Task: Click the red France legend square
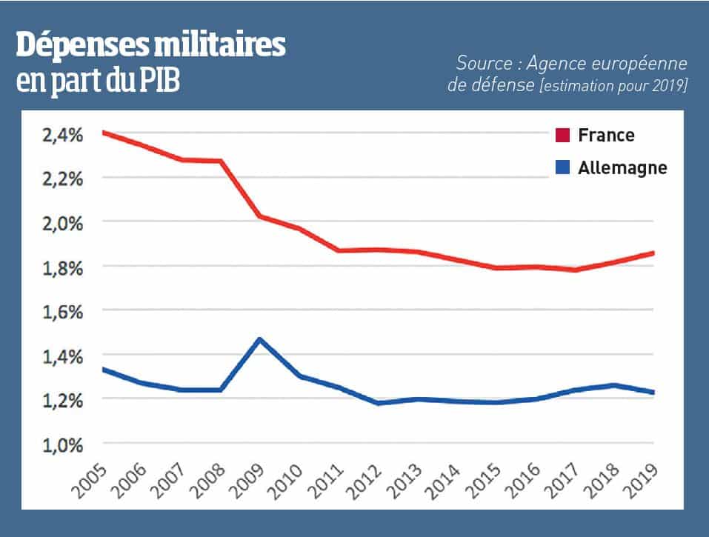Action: click(x=562, y=136)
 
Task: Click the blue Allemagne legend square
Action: click(x=562, y=168)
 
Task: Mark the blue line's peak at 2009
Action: click(x=259, y=339)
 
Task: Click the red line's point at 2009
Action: click(x=259, y=216)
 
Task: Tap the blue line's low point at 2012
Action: click(x=378, y=403)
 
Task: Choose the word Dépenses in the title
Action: click(x=81, y=47)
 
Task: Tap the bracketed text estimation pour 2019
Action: click(x=613, y=86)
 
